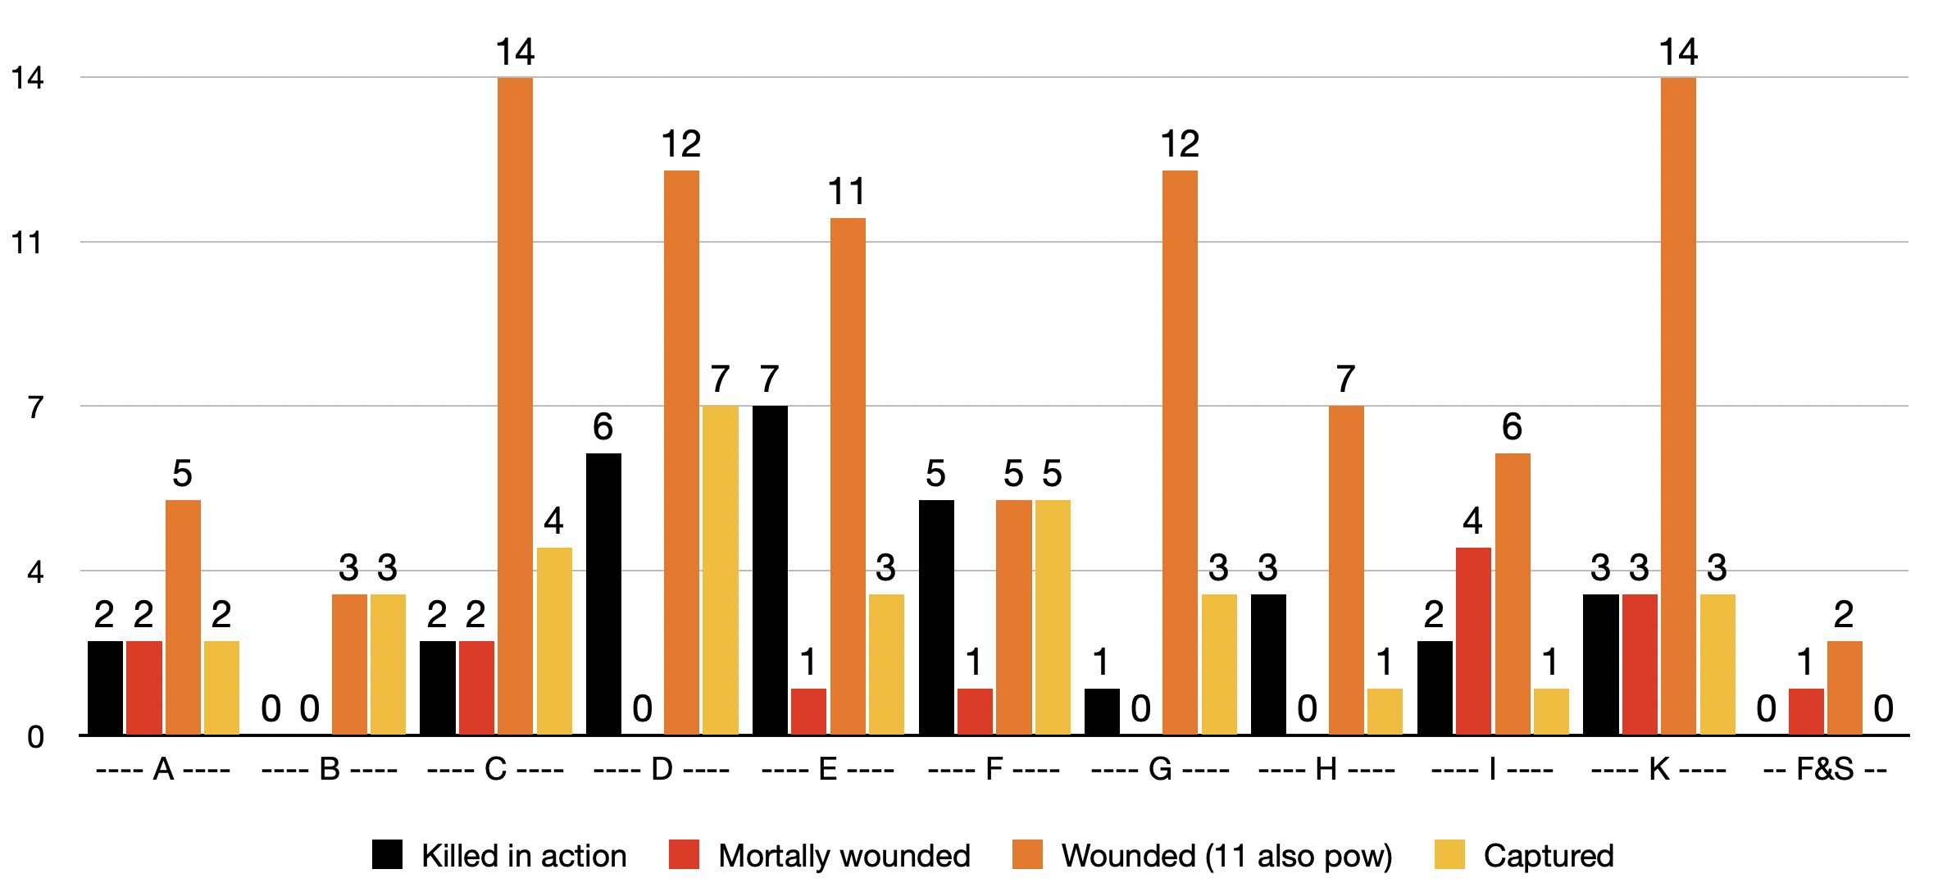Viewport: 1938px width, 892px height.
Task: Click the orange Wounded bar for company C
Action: [x=515, y=406]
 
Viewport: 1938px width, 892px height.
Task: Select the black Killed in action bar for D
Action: [x=603, y=594]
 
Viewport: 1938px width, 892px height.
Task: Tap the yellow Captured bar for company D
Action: [x=721, y=570]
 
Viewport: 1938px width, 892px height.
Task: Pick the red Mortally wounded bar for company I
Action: [x=1473, y=640]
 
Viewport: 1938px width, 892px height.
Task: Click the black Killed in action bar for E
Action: [x=770, y=570]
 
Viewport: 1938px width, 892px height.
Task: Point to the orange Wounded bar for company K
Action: [x=1678, y=406]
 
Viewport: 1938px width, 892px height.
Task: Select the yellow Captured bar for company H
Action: [x=1385, y=711]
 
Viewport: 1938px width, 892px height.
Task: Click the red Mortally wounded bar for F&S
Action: [x=1806, y=711]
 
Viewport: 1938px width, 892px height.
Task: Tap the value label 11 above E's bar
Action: [x=847, y=193]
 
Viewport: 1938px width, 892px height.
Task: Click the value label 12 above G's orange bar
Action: [x=1180, y=145]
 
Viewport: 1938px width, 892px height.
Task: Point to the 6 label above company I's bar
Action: [x=1512, y=427]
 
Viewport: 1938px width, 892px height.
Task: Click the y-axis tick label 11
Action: [x=26, y=243]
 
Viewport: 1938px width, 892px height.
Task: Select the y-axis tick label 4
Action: [x=35, y=571]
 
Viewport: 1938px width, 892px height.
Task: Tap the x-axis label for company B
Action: [x=330, y=770]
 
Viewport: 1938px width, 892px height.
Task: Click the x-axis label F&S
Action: [x=1825, y=770]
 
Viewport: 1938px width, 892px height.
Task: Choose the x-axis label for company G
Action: [x=1160, y=770]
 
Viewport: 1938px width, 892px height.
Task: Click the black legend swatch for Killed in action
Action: [x=387, y=854]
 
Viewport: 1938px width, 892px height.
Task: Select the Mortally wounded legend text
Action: [x=844, y=856]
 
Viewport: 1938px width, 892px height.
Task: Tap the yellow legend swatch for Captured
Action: [x=1449, y=854]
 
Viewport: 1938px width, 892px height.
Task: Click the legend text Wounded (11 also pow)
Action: [x=1226, y=856]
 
